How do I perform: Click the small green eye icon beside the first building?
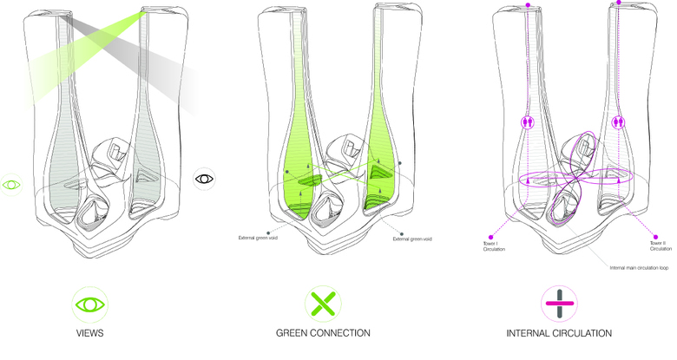(12, 185)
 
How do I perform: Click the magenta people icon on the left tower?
(527, 123)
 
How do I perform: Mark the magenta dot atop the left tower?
(529, 7)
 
